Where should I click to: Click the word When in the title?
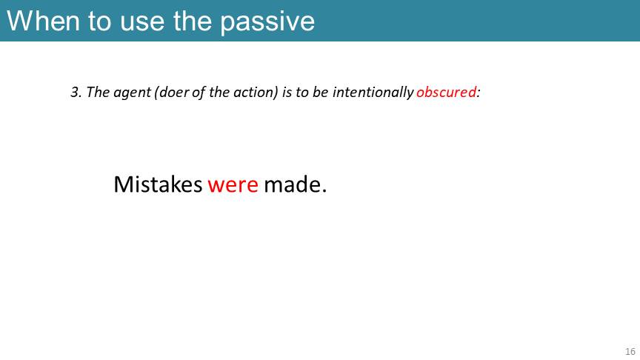(x=43, y=21)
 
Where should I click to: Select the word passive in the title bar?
(x=267, y=23)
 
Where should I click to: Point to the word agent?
(x=132, y=93)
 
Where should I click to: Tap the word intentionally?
(x=373, y=93)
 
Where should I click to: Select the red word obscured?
(x=446, y=92)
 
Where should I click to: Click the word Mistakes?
(x=158, y=184)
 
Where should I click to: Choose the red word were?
(x=233, y=186)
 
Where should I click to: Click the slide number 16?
(x=630, y=351)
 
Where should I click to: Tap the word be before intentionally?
(x=321, y=93)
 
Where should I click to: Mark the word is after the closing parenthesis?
(x=287, y=93)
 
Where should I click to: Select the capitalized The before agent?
(x=98, y=93)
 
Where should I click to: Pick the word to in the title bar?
(x=99, y=21)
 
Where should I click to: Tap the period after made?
(x=324, y=191)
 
